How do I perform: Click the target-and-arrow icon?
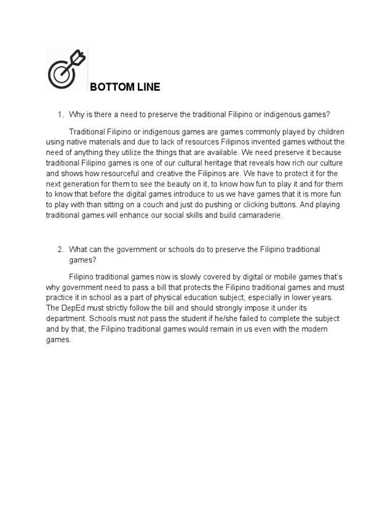point(66,69)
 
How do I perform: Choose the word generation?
point(82,184)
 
